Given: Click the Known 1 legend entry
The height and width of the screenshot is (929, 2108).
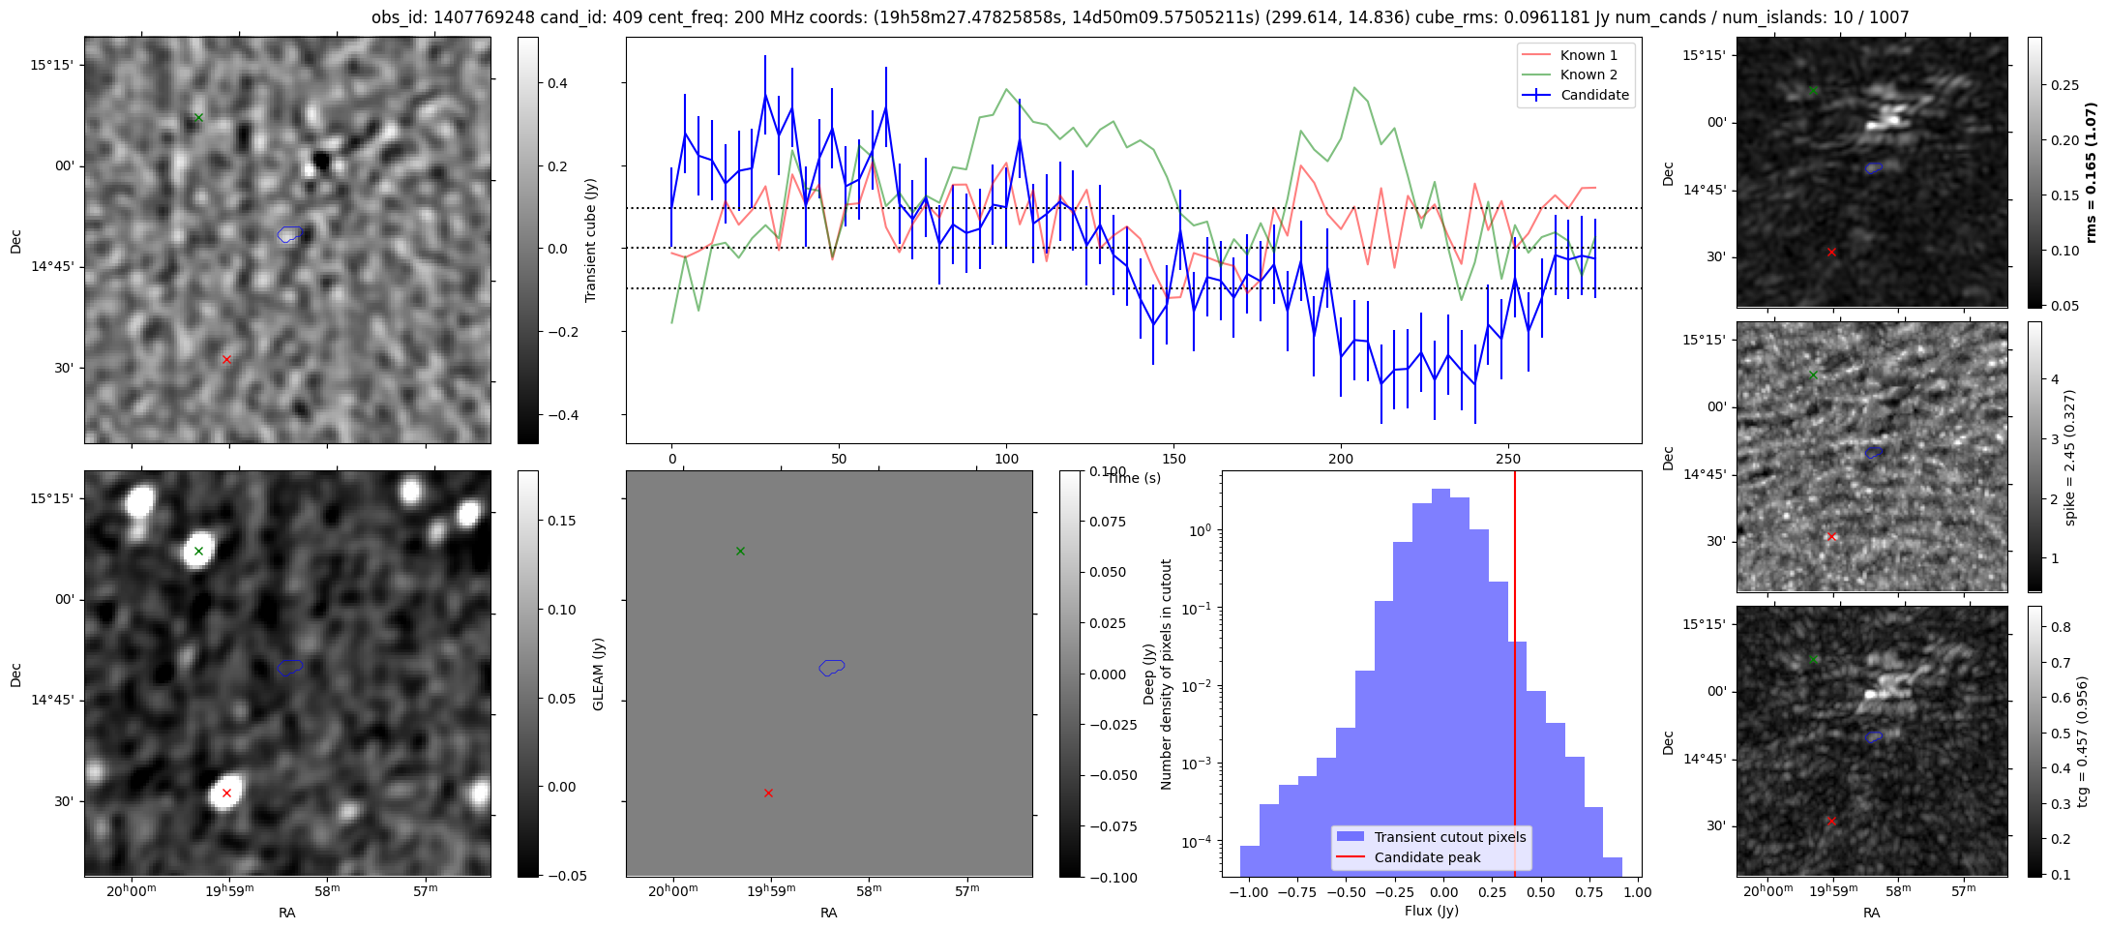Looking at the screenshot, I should coord(1588,55).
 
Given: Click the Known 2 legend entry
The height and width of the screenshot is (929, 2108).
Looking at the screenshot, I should coord(1588,75).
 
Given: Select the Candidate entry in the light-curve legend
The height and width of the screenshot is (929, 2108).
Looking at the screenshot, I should coord(1594,95).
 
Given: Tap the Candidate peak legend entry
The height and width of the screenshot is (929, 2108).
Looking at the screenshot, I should coord(1427,857).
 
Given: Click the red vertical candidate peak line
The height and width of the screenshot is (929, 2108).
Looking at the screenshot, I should coord(1515,677).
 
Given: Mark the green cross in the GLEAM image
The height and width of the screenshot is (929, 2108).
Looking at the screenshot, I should coord(198,552).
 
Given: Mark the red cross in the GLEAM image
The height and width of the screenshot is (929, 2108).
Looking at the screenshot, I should coord(226,794).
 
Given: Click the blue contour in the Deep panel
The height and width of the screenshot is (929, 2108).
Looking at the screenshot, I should coord(832,667).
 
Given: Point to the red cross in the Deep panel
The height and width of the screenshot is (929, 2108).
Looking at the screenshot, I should coord(768,794).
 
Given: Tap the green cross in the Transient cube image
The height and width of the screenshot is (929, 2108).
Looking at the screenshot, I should coord(198,118).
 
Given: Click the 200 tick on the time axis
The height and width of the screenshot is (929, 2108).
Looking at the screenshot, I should coord(1341,459).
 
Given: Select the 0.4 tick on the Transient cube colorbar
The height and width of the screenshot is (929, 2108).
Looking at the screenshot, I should coord(556,84).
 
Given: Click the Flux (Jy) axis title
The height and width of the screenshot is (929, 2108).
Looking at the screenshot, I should coord(1431,911).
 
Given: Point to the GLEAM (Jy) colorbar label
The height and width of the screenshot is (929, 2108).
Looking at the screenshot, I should coord(598,674).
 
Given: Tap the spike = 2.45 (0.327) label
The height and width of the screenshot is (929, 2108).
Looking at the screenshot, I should coord(2070,458).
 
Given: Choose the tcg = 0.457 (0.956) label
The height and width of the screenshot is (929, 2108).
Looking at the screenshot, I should coord(2082,741).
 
